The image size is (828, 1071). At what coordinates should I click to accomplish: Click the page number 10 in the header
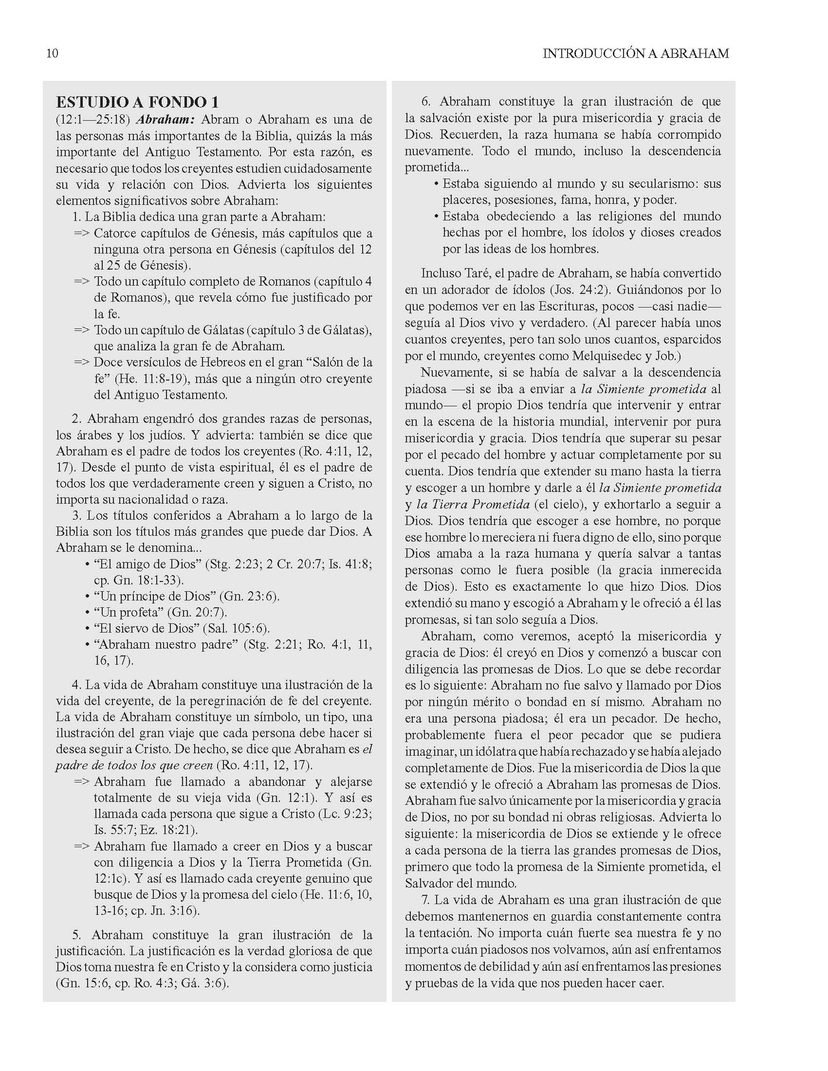tap(52, 54)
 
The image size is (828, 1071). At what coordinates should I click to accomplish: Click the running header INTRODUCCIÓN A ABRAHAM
tap(636, 54)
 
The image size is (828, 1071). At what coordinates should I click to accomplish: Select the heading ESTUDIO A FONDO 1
tap(137, 102)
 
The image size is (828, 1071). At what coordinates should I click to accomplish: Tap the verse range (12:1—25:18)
tap(92, 120)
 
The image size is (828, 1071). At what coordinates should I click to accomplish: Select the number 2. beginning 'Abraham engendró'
tap(76, 419)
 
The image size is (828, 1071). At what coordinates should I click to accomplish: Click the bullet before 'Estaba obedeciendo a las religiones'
tap(436, 217)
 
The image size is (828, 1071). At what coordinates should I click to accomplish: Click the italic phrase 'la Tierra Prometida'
tap(473, 505)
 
